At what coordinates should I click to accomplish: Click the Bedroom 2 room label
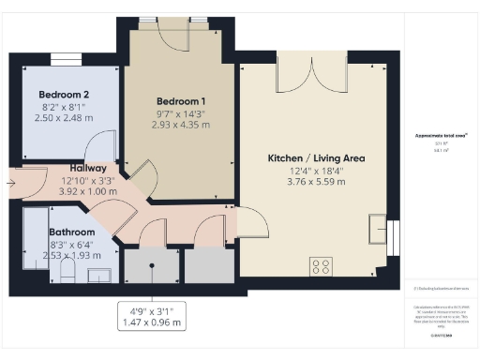coord(64,95)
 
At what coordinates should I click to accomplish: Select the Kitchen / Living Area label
coord(308,157)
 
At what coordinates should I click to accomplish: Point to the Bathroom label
coord(71,232)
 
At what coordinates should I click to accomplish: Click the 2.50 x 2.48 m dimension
coord(64,118)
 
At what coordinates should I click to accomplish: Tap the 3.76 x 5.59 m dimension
coord(308,183)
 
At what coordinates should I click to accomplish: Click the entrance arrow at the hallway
coord(9,183)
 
